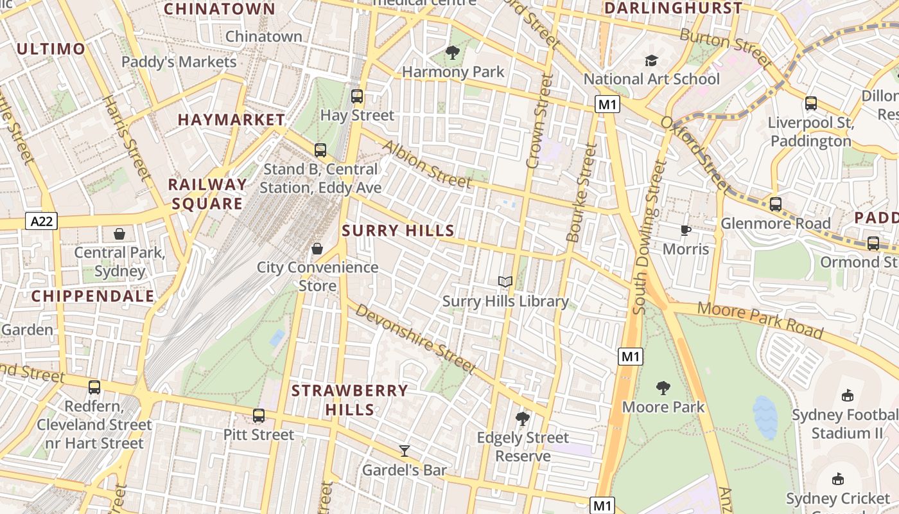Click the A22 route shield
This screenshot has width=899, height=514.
pyautogui.click(x=42, y=222)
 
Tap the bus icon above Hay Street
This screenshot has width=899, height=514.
pyautogui.click(x=357, y=96)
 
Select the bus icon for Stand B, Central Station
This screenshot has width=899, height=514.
pyautogui.click(x=320, y=150)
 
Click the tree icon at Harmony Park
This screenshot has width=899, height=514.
pyautogui.click(x=453, y=53)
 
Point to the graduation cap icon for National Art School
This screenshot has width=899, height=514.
pyautogui.click(x=651, y=60)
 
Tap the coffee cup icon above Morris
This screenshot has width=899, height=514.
pyautogui.click(x=686, y=230)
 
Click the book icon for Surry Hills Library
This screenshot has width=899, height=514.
pyautogui.click(x=505, y=281)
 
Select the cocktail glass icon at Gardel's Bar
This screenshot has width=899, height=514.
pyautogui.click(x=404, y=450)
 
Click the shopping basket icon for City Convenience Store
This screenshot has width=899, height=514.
pyautogui.click(x=317, y=248)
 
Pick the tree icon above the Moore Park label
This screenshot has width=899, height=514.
pyautogui.click(x=663, y=387)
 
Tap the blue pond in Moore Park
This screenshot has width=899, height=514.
pyautogui.click(x=765, y=417)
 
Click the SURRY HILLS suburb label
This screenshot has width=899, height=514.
pyautogui.click(x=398, y=231)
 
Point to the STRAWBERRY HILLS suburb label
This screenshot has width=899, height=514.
pyautogui.click(x=350, y=400)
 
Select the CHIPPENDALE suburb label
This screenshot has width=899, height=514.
pyautogui.click(x=93, y=296)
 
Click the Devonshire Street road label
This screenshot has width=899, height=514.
pyautogui.click(x=415, y=338)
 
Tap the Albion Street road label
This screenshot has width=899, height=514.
pyautogui.click(x=426, y=164)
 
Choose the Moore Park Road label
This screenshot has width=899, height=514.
pyautogui.click(x=760, y=319)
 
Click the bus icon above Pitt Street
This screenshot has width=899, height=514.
pyautogui.click(x=259, y=416)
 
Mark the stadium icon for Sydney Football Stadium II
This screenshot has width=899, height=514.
pyautogui.click(x=847, y=395)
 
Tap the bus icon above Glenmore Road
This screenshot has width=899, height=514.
pyautogui.click(x=775, y=204)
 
